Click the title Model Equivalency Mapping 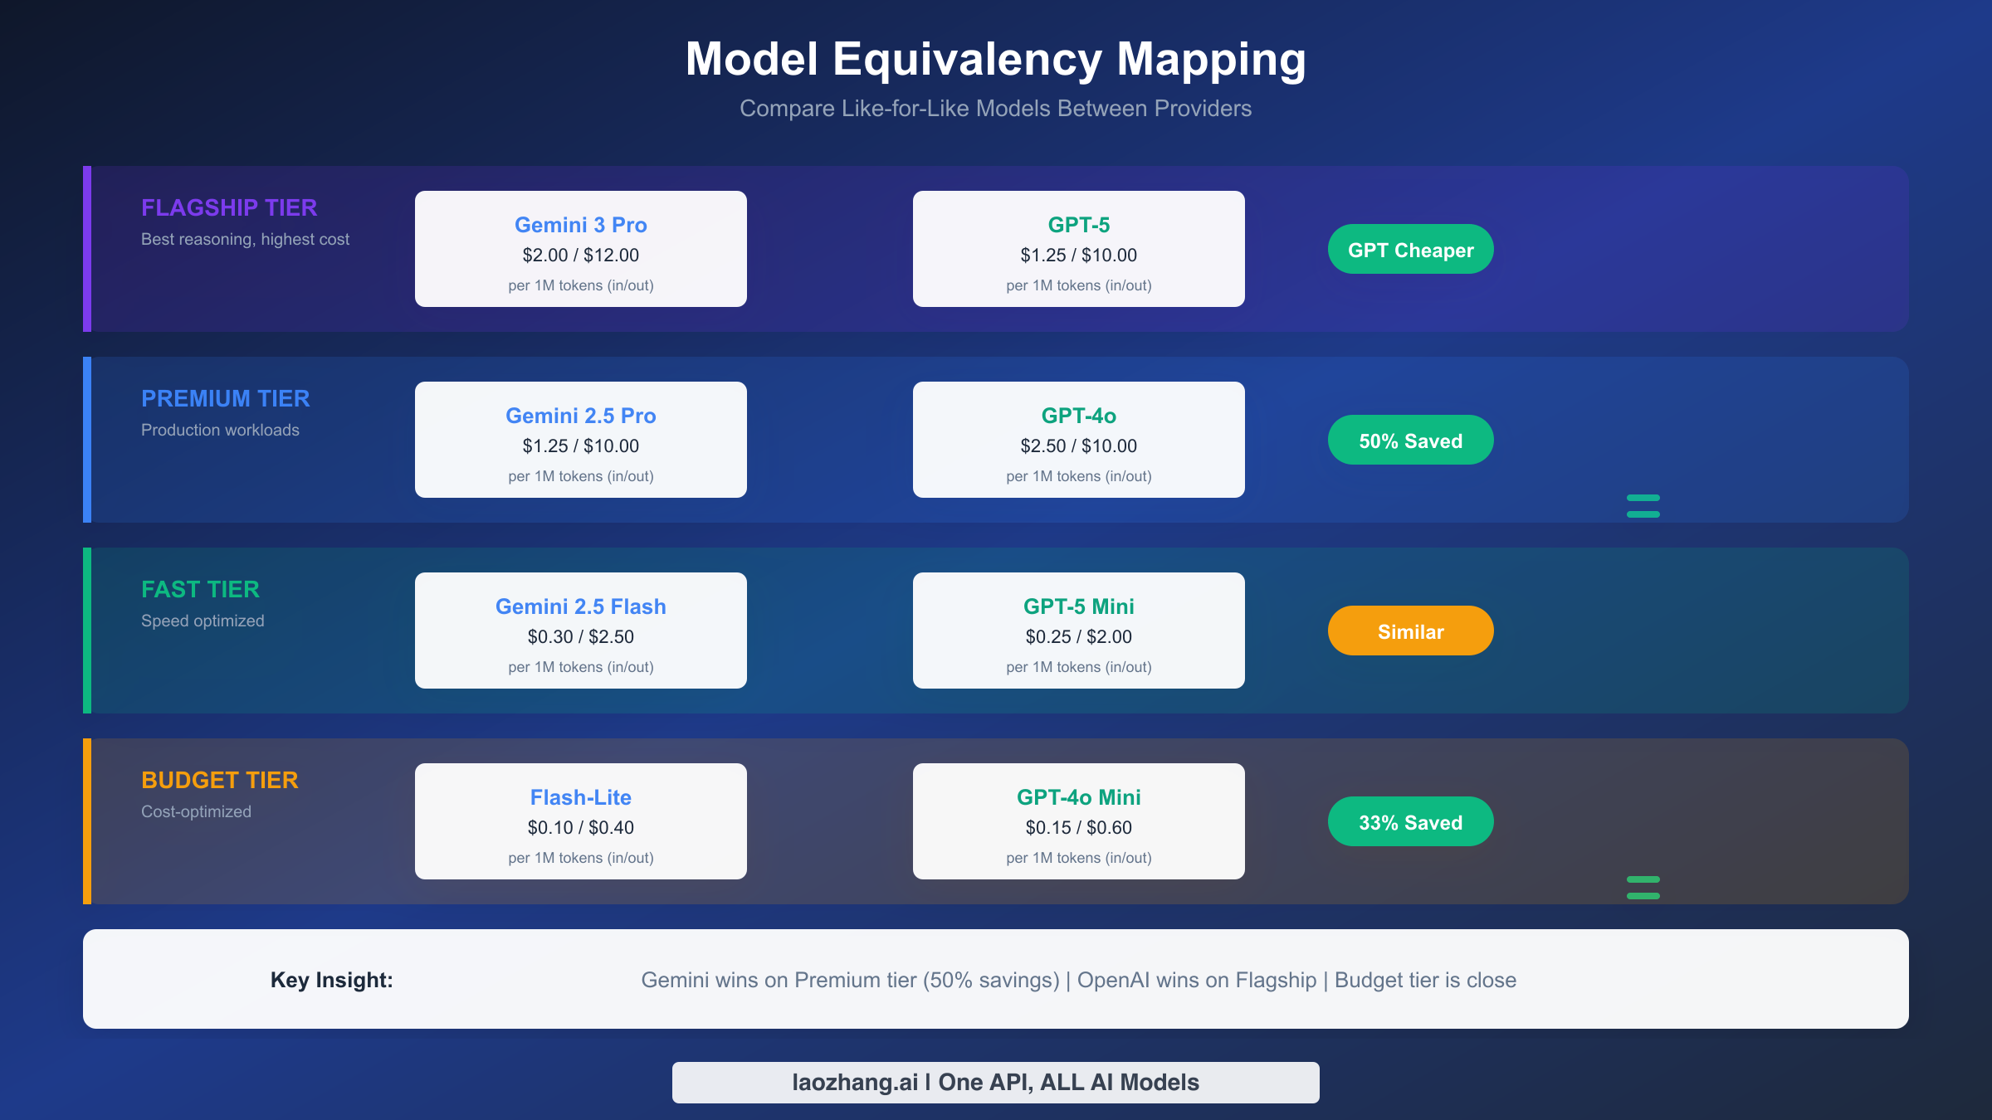[x=995, y=60]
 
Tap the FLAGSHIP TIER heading [x=229, y=207]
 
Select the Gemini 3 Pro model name [x=580, y=225]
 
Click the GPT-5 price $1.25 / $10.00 [x=1078, y=256]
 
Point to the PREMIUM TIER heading [x=225, y=398]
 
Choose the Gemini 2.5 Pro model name [x=580, y=416]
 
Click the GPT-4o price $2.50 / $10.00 [x=1078, y=446]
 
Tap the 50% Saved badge [x=1410, y=441]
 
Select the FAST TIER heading [x=200, y=589]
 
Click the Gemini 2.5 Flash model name [x=580, y=606]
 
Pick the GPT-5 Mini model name [x=1078, y=606]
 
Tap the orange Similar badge [x=1410, y=631]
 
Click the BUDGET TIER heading [x=219, y=780]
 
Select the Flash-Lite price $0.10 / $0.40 [x=580, y=828]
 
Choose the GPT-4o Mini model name [x=1078, y=797]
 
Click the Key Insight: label [x=331, y=980]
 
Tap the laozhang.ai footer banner [x=995, y=1083]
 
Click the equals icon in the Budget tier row [x=1643, y=888]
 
